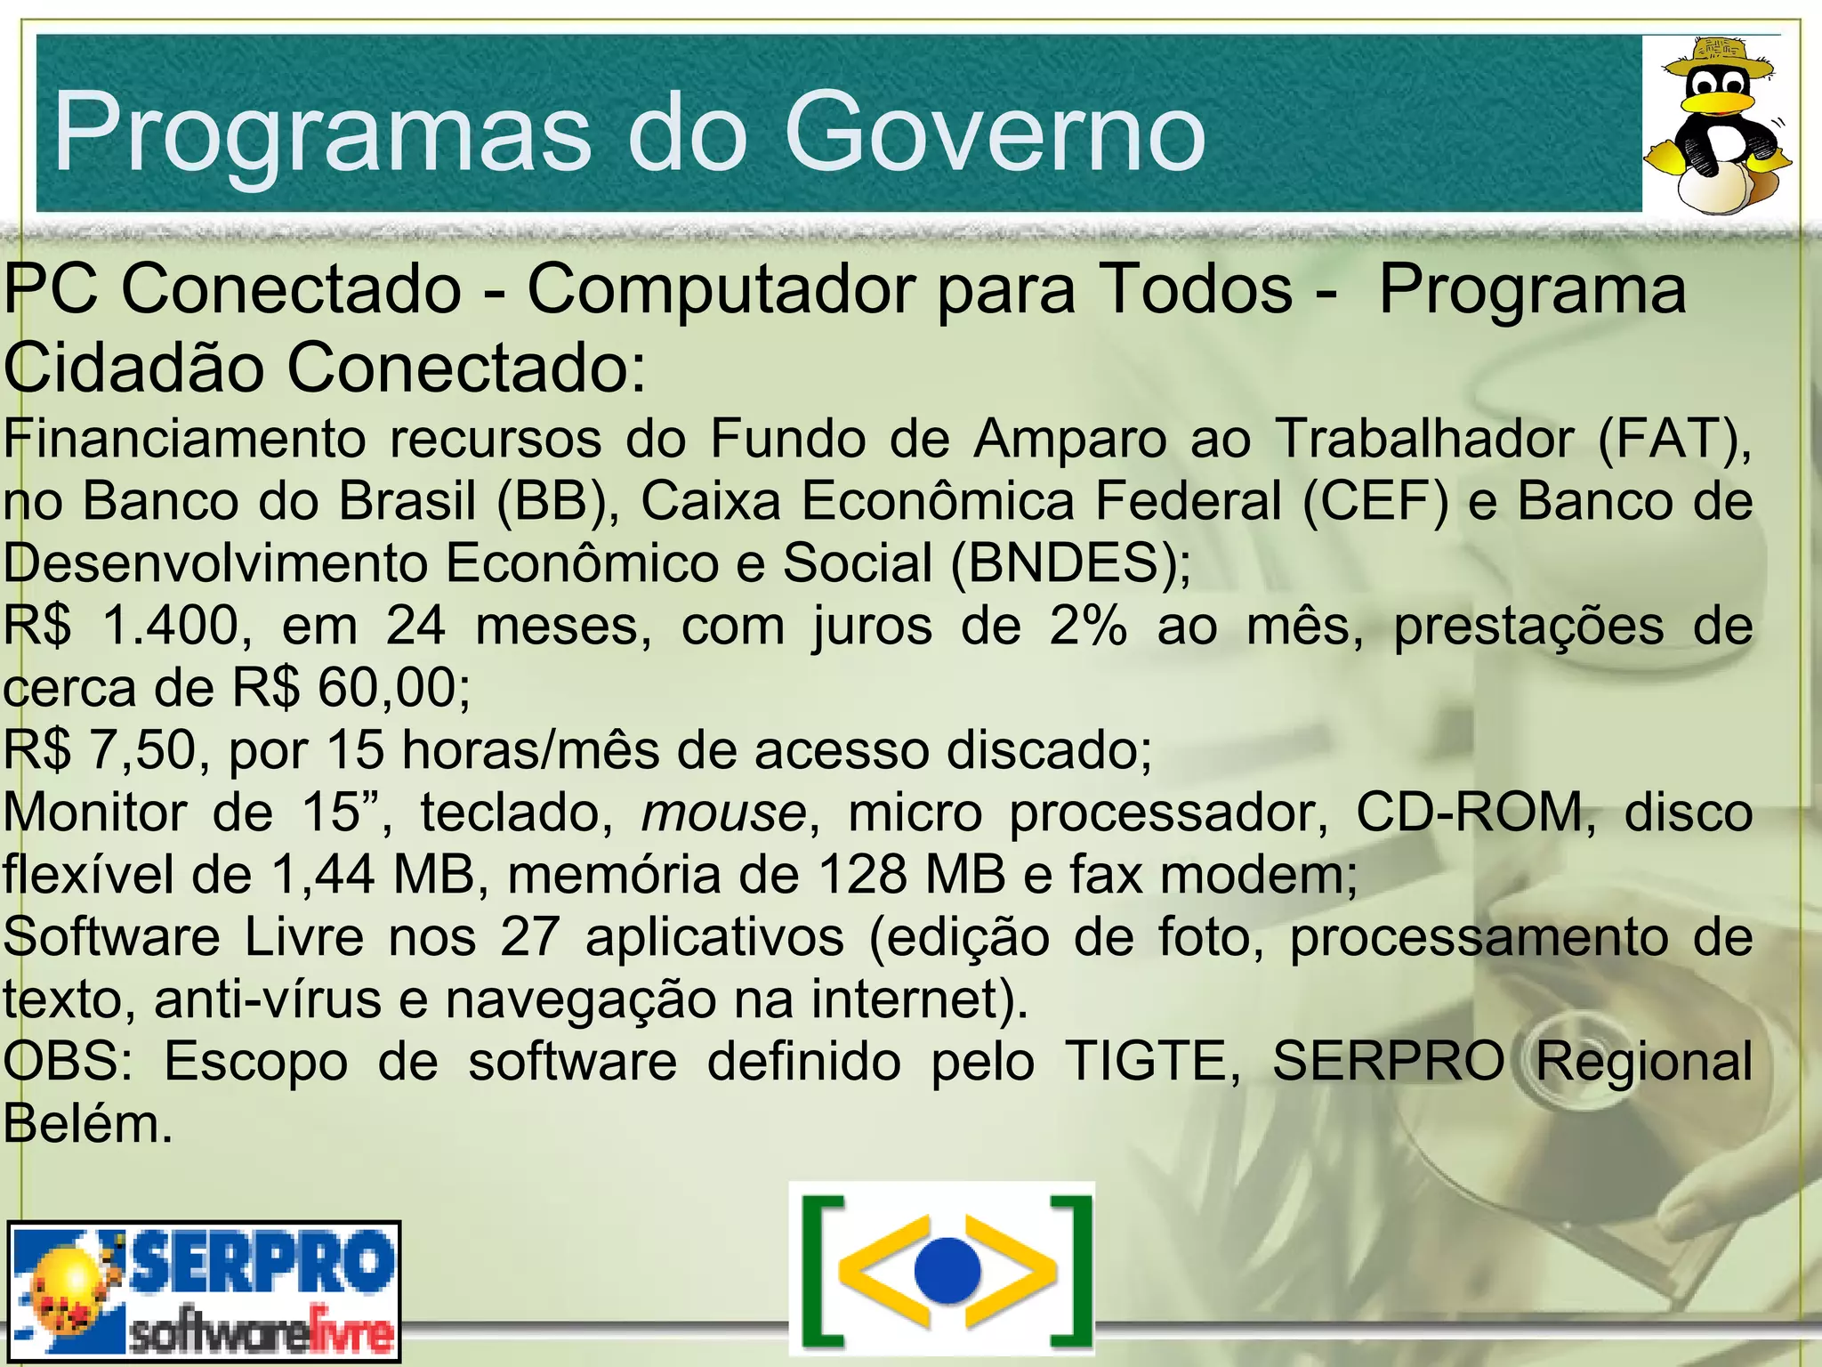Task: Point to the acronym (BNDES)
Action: pos(1070,563)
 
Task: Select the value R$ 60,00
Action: pos(351,688)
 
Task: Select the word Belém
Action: pos(86,1124)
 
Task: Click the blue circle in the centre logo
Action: pos(947,1269)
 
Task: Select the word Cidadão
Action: pos(133,368)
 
